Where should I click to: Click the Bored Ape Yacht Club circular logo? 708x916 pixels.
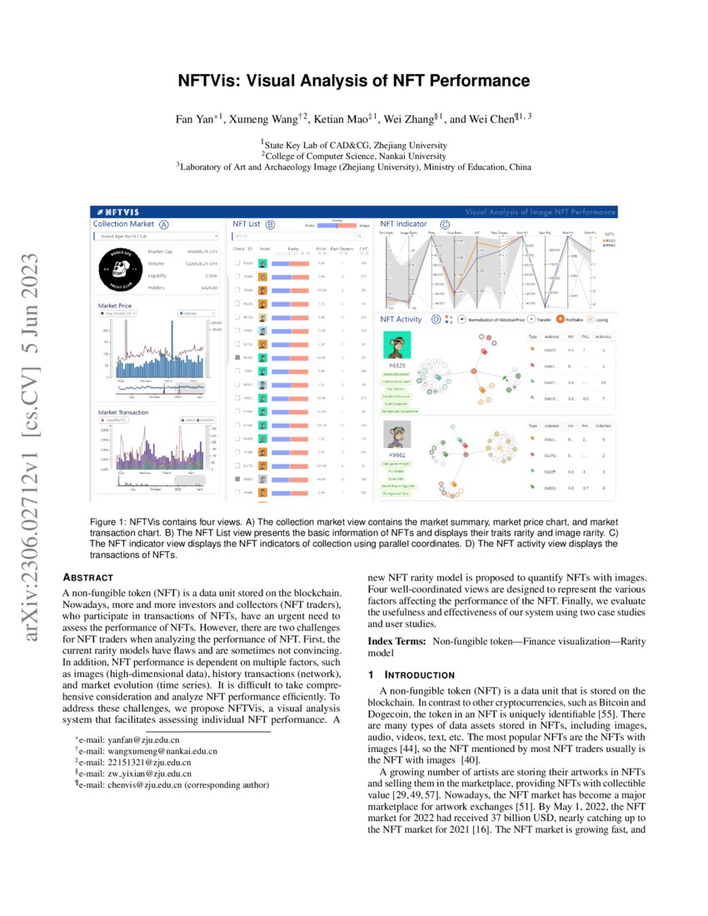pyautogui.click(x=117, y=266)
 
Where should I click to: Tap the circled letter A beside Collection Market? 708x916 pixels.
pyautogui.click(x=164, y=224)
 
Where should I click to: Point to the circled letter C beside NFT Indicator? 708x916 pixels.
pyautogui.click(x=445, y=224)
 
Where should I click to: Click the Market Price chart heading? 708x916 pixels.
pyautogui.click(x=115, y=306)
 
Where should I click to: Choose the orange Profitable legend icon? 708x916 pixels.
pyautogui.click(x=561, y=319)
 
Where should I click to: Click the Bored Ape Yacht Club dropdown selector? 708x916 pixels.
pyautogui.click(x=155, y=236)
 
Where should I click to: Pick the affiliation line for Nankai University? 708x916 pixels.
pyautogui.click(x=354, y=155)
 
